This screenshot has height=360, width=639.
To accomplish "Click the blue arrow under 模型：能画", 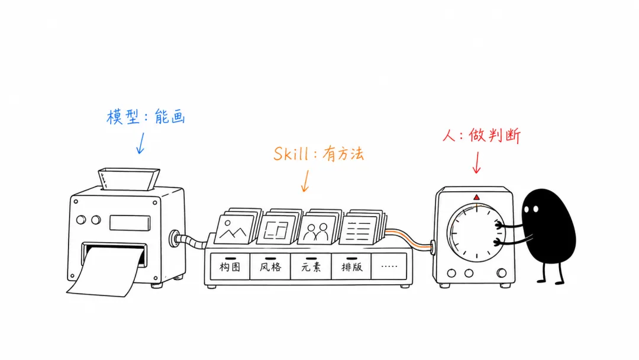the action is click(x=141, y=143).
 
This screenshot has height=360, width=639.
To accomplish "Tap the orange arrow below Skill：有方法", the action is click(x=305, y=181).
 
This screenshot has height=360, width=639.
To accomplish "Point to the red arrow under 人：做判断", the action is click(x=476, y=163).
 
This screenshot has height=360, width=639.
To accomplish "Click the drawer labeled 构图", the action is click(x=230, y=266).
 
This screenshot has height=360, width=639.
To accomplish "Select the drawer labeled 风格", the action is click(x=270, y=266).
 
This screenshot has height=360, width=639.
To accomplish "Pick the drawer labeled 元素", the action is click(x=311, y=266).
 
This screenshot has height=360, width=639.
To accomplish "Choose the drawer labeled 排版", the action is click(x=351, y=266).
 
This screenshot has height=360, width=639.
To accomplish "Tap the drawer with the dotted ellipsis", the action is click(x=389, y=266).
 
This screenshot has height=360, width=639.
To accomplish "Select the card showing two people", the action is click(x=318, y=230).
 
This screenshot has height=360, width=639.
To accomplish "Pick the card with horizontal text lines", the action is click(x=359, y=230).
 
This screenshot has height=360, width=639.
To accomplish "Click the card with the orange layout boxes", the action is click(x=277, y=230).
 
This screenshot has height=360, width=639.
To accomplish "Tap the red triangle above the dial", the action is click(x=476, y=197).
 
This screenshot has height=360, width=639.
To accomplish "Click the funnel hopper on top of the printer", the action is click(x=128, y=179).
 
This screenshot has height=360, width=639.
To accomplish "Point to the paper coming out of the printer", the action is click(x=106, y=271).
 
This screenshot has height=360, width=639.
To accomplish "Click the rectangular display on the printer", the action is click(x=130, y=223).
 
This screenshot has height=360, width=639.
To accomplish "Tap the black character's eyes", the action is click(x=531, y=209).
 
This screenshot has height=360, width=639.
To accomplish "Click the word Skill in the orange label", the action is click(x=291, y=154).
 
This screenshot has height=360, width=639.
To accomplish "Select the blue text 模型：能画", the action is click(x=146, y=117).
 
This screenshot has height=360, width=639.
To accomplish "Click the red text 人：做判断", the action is click(x=482, y=136).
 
